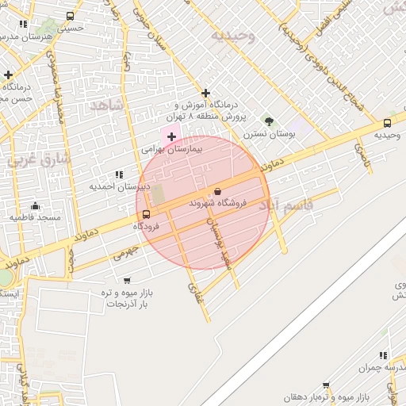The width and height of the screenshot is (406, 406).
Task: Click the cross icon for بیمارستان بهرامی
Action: point(171,136)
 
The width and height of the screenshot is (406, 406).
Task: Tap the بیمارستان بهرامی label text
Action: point(172,148)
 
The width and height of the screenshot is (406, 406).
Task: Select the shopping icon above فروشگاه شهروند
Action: point(217,191)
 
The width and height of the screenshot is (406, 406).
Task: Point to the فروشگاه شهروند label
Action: point(218,203)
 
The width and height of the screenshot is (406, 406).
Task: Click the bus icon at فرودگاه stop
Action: point(146,214)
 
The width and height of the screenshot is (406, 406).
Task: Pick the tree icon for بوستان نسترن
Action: point(270,121)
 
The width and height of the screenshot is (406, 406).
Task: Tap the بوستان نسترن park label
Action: point(270,134)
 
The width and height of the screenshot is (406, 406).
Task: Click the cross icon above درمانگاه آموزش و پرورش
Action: point(206,93)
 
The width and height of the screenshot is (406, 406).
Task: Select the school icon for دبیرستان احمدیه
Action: point(119,174)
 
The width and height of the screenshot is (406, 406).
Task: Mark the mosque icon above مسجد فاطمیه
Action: point(35,205)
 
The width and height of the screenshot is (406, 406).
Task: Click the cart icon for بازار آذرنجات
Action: point(127,281)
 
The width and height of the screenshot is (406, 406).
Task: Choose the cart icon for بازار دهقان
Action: point(325,385)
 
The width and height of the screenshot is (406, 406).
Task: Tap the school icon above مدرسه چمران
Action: point(383,355)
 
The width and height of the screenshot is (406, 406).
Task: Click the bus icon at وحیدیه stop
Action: point(387,123)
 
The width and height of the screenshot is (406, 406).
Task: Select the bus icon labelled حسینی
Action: point(71,16)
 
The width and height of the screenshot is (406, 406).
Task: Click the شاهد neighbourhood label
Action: point(108,105)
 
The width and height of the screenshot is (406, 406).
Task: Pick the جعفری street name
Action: point(125,254)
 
